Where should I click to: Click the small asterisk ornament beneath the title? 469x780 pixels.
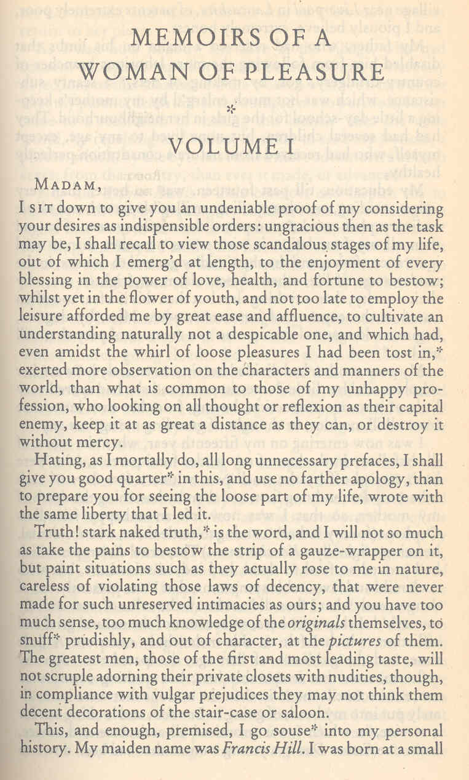point(231,109)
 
